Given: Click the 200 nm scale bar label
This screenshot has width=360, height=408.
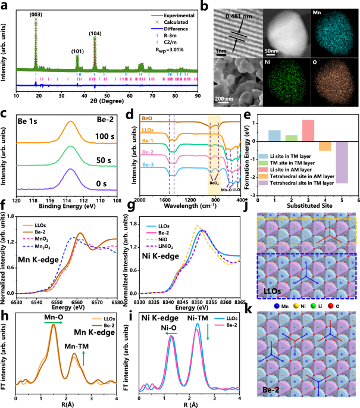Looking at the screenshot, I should coord(225,98).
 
